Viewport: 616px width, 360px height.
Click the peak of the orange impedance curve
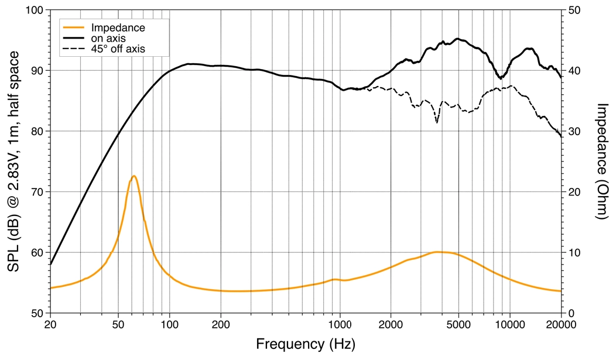[x=134, y=176]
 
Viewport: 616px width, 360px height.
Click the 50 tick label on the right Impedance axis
[x=572, y=11]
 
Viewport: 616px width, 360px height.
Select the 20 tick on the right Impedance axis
[x=572, y=192]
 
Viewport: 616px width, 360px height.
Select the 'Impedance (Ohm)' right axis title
[x=603, y=162]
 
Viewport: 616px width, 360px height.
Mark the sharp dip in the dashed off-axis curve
[x=437, y=122]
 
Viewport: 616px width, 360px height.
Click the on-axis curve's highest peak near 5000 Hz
[x=458, y=39]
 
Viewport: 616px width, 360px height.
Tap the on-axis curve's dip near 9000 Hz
[x=501, y=78]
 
